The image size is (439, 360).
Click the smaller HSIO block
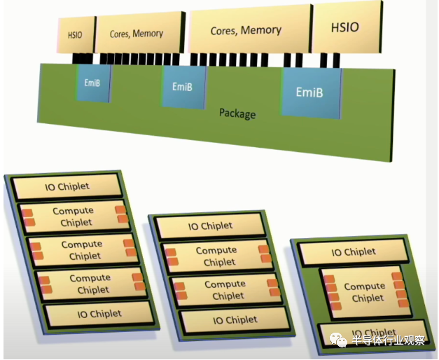coord(74,34)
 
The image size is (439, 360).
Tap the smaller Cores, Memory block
coord(137,33)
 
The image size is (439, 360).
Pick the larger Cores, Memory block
coord(246,30)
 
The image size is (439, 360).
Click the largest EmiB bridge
coord(309,92)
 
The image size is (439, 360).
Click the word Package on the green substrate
coord(237,113)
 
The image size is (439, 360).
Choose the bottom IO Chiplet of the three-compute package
coord(99,314)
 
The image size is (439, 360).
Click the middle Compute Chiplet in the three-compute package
coord(81,250)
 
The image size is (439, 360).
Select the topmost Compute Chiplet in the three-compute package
coord(73,216)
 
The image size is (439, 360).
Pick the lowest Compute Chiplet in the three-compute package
coord(90,284)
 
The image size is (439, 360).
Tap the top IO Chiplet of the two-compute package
coord(211,226)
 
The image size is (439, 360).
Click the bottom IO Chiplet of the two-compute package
coord(232,320)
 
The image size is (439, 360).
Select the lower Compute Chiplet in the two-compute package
coord(225,289)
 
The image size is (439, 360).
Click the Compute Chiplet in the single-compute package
coord(364,291)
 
